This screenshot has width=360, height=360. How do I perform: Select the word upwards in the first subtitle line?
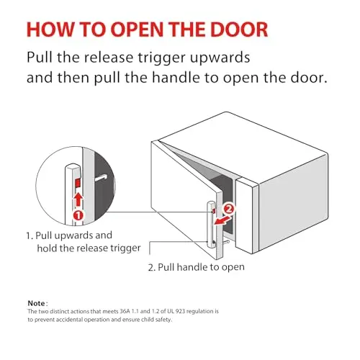220,58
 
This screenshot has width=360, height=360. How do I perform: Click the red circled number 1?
78,215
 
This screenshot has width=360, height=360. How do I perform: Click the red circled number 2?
229,210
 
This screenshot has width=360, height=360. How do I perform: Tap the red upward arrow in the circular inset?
78,199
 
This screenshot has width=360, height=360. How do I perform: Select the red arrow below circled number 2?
222,220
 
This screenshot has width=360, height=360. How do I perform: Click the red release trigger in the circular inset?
78,183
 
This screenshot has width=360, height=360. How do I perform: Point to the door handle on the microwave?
211,225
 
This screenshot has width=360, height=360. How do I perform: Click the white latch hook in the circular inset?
101,178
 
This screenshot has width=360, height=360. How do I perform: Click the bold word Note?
36,303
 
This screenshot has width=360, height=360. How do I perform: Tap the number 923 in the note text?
180,311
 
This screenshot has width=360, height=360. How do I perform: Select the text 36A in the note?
125,311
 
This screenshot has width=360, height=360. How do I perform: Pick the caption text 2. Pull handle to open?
197,267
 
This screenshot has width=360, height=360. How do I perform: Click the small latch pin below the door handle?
226,243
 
